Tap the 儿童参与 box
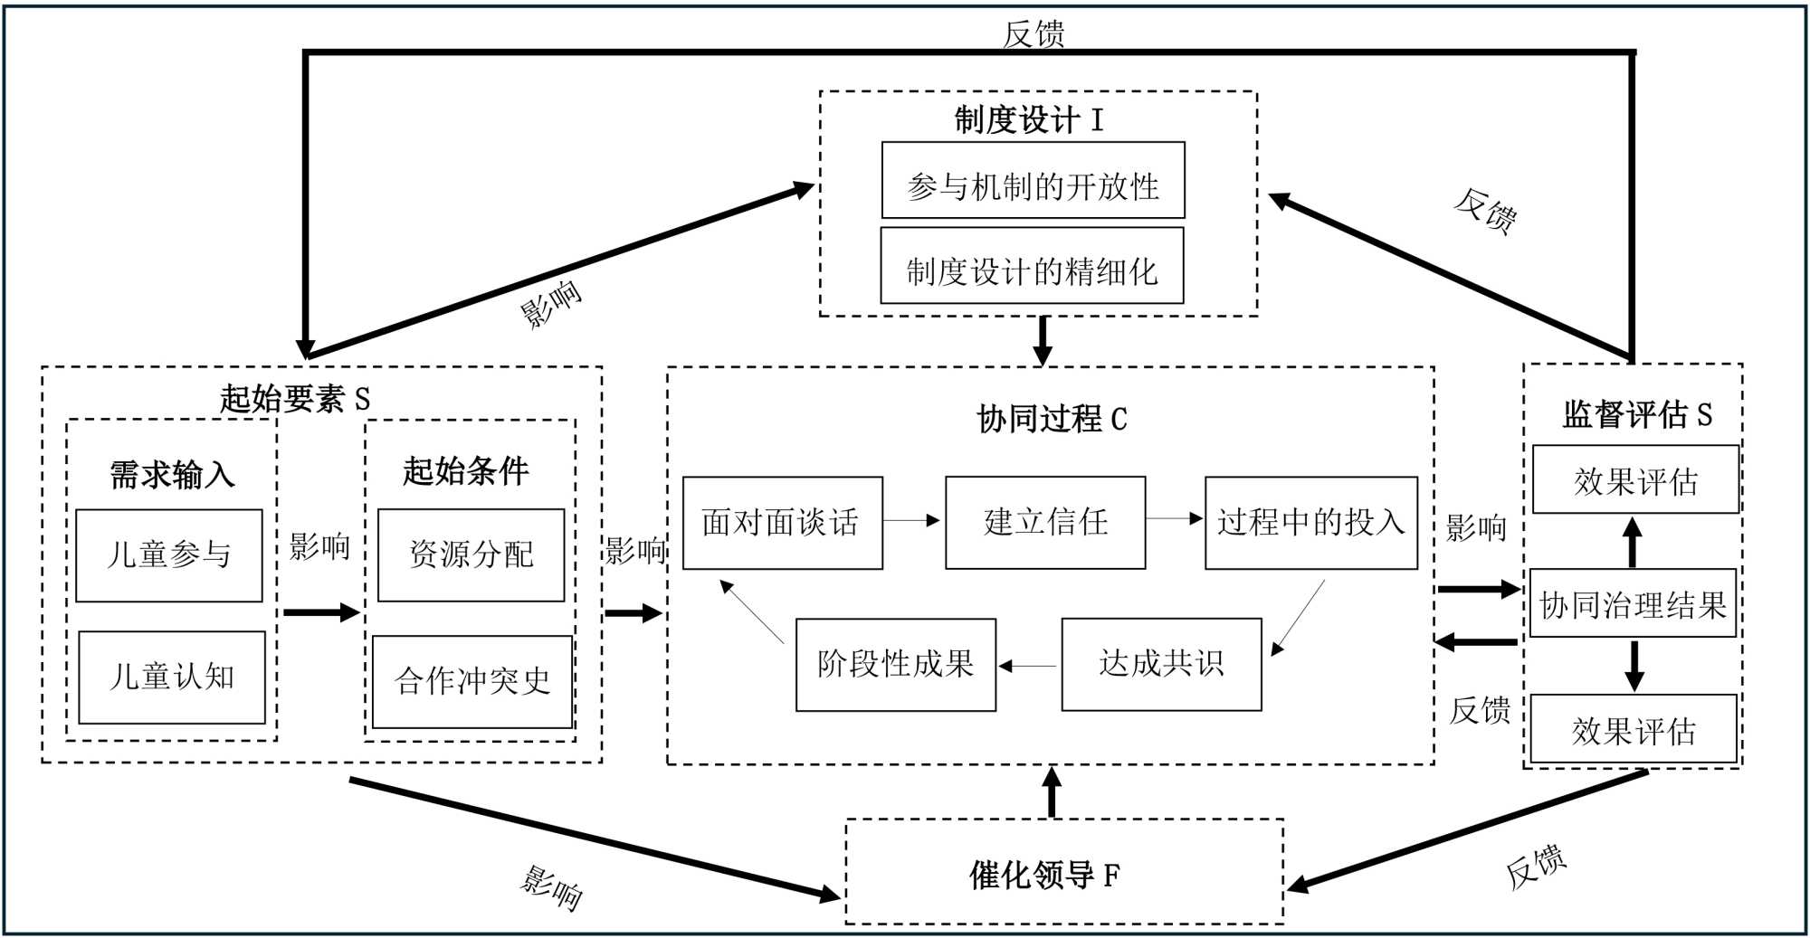[169, 555]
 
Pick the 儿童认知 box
[172, 677]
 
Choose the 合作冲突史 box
[472, 682]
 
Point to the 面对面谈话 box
[782, 523]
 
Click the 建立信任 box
[1045, 523]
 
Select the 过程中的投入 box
[1310, 523]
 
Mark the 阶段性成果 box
[896, 665]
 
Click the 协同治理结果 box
[1633, 603]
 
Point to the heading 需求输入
[172, 475]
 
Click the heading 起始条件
[465, 471]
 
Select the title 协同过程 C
[1052, 419]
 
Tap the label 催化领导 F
[1044, 875]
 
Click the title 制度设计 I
[1029, 119]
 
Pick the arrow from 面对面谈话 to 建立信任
[912, 520]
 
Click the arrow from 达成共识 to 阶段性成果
[1028, 667]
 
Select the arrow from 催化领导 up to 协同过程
[1052, 791]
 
